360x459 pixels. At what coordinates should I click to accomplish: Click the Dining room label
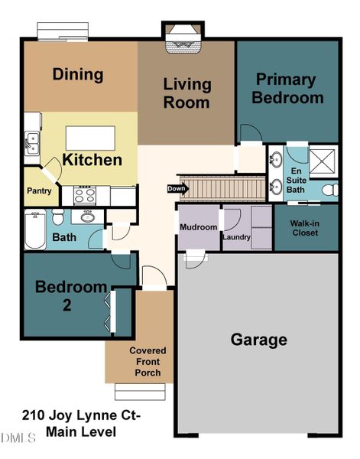click(77, 75)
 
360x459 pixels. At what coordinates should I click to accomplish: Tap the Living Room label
click(186, 92)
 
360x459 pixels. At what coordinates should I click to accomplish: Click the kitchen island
click(91, 138)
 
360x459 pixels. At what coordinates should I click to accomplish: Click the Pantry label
click(39, 190)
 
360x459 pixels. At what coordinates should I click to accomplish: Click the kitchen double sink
click(32, 142)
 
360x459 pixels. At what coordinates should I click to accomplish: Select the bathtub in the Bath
click(34, 229)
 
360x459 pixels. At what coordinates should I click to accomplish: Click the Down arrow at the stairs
click(176, 188)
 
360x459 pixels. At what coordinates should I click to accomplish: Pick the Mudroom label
click(199, 227)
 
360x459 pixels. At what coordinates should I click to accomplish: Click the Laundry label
click(236, 237)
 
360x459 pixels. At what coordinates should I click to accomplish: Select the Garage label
click(260, 339)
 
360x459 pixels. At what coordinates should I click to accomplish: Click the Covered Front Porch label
click(148, 362)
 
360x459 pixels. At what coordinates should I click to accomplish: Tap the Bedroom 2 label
click(71, 296)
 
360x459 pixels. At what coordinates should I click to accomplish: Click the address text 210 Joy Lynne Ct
click(82, 416)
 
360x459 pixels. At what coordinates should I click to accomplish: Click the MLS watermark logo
click(19, 438)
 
